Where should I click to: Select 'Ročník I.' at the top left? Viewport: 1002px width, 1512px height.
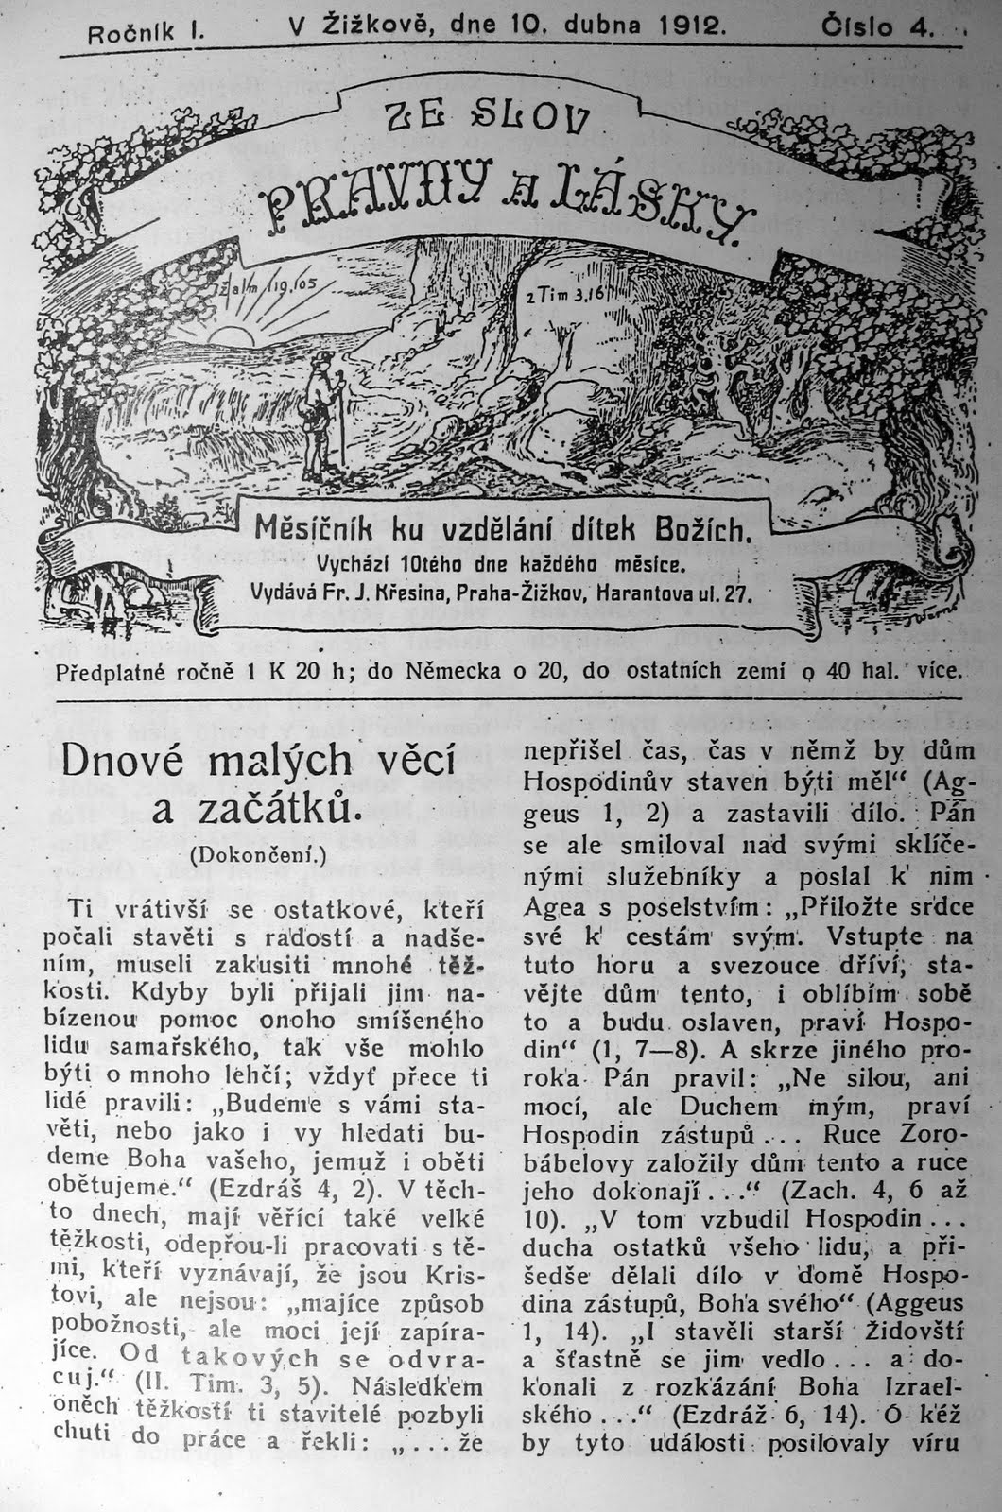click(x=147, y=34)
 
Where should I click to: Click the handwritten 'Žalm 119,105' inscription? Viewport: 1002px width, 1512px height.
click(x=274, y=283)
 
